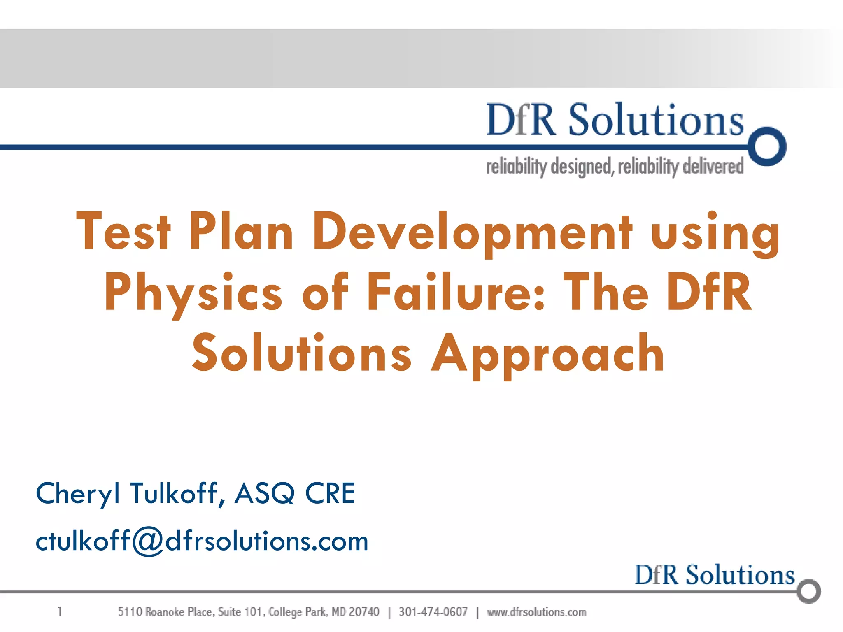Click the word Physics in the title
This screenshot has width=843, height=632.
tap(193, 293)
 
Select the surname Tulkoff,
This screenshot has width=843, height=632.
tap(178, 493)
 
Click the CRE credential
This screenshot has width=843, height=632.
tap(330, 493)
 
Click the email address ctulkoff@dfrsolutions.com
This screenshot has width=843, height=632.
tap(202, 541)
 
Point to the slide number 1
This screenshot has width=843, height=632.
tap(60, 611)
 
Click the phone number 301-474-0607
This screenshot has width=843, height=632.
tap(433, 612)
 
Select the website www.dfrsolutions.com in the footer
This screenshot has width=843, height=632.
tap(536, 612)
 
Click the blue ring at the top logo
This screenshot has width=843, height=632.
tap(767, 146)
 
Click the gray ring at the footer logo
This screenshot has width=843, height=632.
tap(809, 591)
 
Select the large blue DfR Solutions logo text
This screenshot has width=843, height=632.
tap(615, 120)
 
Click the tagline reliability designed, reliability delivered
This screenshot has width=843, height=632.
tap(615, 167)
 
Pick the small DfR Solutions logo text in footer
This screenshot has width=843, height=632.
tap(714, 575)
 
